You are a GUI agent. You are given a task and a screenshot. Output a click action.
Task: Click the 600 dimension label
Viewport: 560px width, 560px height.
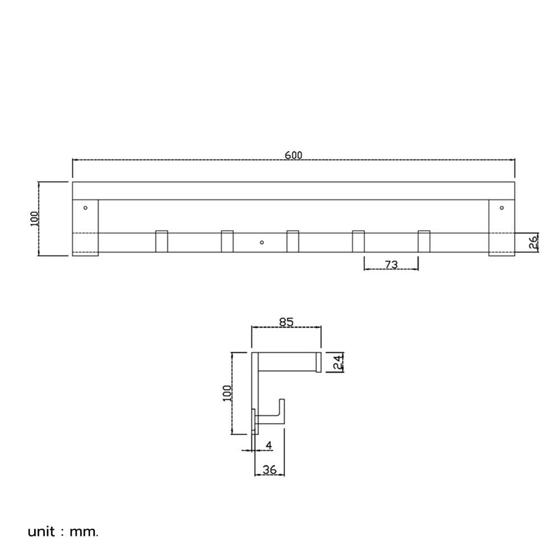pyautogui.click(x=293, y=155)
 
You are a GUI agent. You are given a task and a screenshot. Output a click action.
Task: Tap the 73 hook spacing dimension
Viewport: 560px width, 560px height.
pyautogui.click(x=391, y=265)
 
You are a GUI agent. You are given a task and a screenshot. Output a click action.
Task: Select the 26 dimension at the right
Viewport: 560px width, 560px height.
pyautogui.click(x=533, y=242)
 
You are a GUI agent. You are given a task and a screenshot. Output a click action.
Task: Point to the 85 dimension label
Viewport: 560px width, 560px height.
pyautogui.click(x=286, y=322)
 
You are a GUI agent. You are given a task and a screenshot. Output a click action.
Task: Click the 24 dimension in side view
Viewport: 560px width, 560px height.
pyautogui.click(x=338, y=362)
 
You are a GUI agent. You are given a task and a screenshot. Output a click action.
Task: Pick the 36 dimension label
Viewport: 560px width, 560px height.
pyautogui.click(x=269, y=470)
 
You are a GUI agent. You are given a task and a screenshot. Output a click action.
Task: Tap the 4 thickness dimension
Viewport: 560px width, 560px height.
pyautogui.click(x=269, y=445)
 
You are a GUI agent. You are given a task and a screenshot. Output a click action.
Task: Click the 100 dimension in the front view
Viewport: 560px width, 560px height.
pyautogui.click(x=34, y=218)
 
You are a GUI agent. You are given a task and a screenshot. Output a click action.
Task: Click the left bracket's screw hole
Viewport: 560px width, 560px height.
pyautogui.click(x=85, y=208)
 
